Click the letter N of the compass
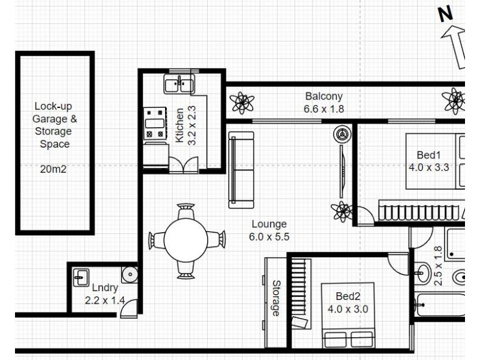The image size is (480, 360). (x=445, y=15)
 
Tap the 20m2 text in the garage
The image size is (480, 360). (x=54, y=169)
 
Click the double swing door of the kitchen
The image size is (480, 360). (x=183, y=164)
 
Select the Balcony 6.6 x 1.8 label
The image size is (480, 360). (x=323, y=103)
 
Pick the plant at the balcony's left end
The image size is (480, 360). (x=242, y=103)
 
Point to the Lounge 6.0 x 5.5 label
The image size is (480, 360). (x=269, y=230)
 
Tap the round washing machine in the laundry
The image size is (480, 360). (x=128, y=275)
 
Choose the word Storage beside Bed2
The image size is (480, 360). (x=276, y=298)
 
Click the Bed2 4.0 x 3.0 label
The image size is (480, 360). (x=347, y=303)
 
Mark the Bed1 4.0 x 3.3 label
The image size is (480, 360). (x=428, y=161)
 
